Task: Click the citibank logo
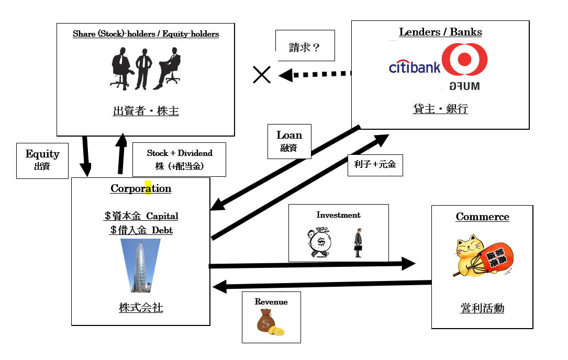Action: coord(414,66)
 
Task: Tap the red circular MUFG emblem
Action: coord(464,59)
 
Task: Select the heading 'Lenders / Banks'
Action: coord(440,32)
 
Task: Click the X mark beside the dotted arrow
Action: coord(262,75)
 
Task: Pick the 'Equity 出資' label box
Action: coord(42,160)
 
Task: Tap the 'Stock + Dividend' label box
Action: coord(180,159)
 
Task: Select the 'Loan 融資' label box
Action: coord(289,141)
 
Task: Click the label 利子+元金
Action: coord(375,165)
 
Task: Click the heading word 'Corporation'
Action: coord(141,189)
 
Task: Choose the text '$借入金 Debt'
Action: coord(141,230)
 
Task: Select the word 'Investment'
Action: coord(338,215)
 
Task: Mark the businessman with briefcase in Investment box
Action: coord(358,243)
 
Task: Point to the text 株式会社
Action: coord(141,308)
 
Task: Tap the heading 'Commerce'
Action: coord(482,217)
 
